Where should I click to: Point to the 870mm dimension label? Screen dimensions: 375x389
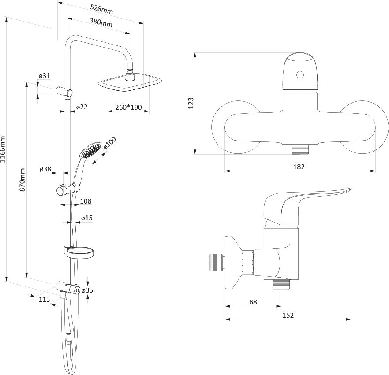(x=23, y=179)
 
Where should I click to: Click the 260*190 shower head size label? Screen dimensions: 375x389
(x=127, y=107)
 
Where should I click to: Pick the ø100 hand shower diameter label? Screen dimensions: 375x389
(x=110, y=145)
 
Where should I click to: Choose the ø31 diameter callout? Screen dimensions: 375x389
(x=44, y=76)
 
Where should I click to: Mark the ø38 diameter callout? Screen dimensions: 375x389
(x=45, y=169)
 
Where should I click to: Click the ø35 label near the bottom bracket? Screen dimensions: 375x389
(x=87, y=290)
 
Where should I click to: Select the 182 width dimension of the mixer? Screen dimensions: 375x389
(x=299, y=167)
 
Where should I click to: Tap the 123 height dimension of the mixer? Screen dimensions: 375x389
(x=191, y=103)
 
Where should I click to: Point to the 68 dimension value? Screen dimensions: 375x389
(x=253, y=302)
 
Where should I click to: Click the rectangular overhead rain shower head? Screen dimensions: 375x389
(x=130, y=84)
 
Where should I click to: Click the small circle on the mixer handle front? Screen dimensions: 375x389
(x=300, y=75)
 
